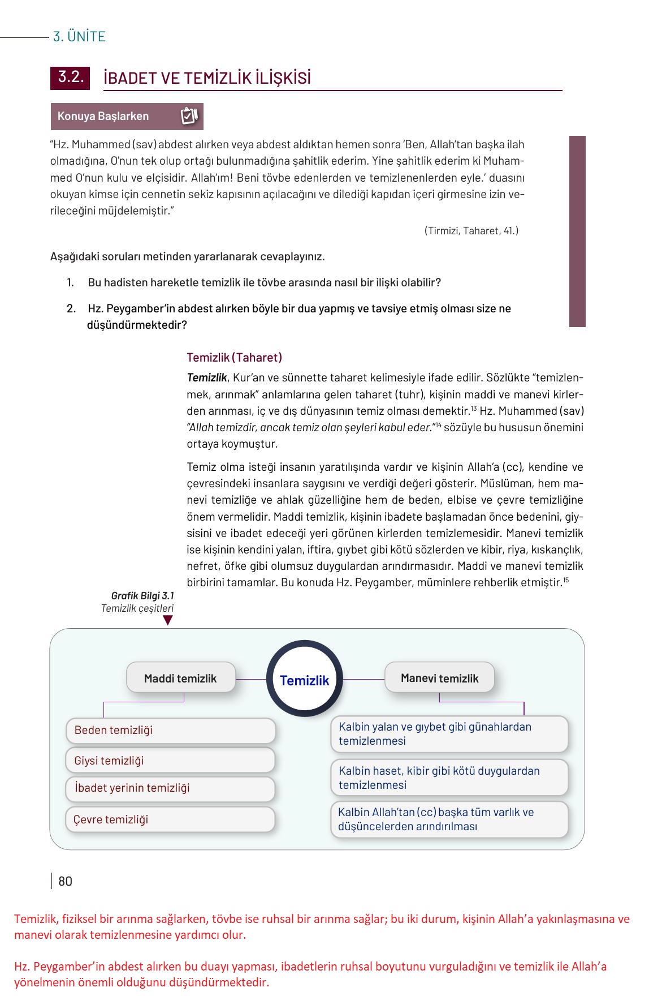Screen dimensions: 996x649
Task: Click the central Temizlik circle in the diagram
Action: coord(304,679)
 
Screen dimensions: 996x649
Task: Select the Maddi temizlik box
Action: coord(180,678)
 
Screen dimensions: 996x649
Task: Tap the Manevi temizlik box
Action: coord(439,678)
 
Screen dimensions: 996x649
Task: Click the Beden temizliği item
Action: coord(170,730)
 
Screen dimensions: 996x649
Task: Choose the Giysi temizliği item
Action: coord(170,760)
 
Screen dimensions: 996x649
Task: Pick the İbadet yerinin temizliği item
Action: coord(170,788)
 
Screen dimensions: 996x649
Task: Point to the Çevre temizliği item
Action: coord(170,819)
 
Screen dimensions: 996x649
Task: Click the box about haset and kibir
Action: coord(449,778)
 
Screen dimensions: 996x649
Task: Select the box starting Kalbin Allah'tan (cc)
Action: coord(449,819)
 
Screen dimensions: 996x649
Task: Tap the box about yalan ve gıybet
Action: coord(449,733)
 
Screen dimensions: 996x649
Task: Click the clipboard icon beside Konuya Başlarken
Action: coord(189,116)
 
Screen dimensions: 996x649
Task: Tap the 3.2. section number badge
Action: coord(70,78)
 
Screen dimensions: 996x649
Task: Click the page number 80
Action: coord(65,881)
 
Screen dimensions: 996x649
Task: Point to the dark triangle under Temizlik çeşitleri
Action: coord(168,620)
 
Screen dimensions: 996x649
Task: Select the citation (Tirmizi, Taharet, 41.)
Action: coord(471,231)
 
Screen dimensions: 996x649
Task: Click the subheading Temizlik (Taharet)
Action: coord(234,358)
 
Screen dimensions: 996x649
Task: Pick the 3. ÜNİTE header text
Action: coord(79,37)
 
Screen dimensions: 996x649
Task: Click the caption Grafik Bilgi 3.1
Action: coord(142,595)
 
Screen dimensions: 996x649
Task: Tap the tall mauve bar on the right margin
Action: coord(577,231)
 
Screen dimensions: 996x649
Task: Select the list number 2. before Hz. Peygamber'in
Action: coord(71,308)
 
